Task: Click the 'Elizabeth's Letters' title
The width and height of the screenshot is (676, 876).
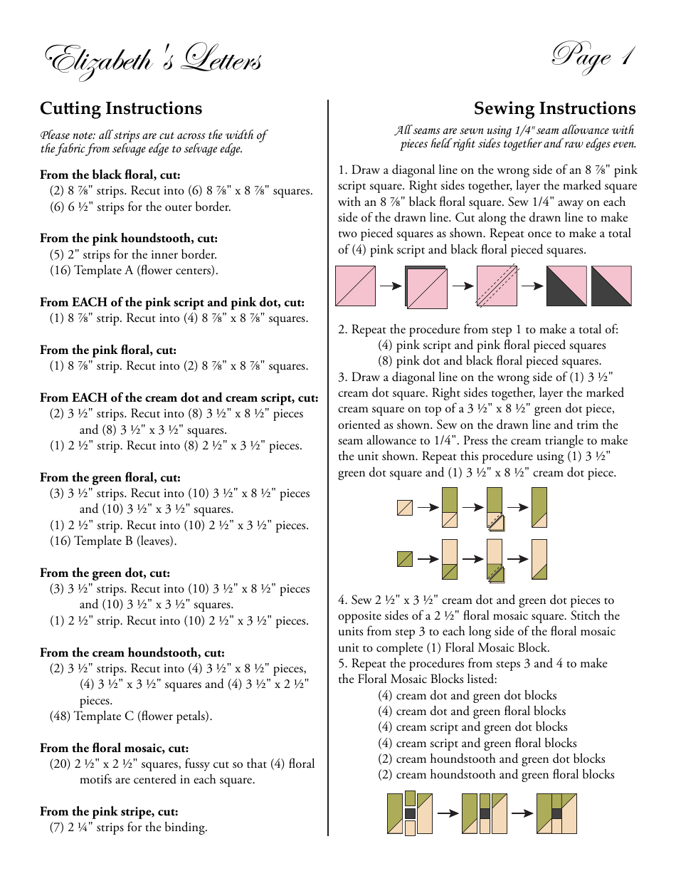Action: pos(154,61)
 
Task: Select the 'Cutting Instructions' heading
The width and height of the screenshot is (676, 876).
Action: pos(121,108)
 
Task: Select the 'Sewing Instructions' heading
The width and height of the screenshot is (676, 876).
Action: pos(554,108)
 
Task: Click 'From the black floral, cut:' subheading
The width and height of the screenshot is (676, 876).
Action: pos(110,174)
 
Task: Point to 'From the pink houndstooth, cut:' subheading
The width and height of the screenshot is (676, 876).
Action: pos(129,239)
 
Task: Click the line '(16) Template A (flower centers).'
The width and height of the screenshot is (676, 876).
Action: pos(134,271)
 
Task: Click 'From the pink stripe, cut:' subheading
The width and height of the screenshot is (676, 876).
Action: pos(109,811)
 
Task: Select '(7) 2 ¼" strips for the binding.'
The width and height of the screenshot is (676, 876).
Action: pos(128,827)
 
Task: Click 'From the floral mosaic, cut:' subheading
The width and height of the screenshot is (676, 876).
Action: pos(114,748)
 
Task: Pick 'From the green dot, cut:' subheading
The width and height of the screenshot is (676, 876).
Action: pos(105,573)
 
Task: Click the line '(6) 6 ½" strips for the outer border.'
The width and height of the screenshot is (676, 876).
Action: pos(140,207)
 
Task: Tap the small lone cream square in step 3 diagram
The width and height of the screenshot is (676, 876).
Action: pos(404,508)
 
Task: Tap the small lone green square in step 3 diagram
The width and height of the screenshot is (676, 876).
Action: pos(404,559)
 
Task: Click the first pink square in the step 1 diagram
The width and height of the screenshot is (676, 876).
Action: pos(355,286)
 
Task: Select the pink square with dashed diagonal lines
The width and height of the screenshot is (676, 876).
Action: pos(497,286)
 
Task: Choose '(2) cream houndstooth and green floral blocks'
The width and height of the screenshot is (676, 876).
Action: pos(496,774)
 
